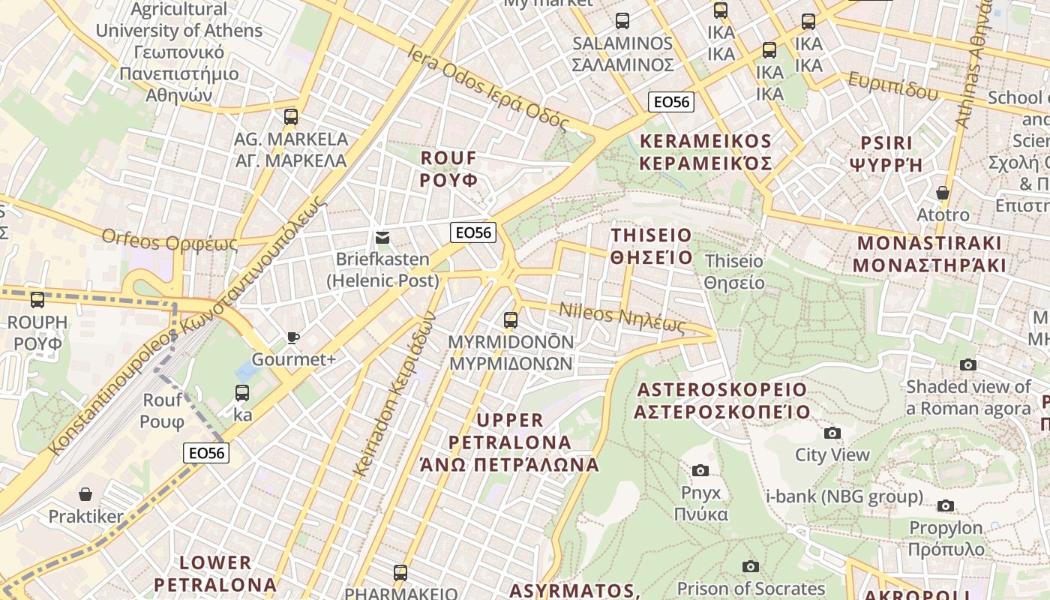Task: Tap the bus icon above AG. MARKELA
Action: tap(291, 117)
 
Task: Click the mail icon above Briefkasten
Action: tap(382, 238)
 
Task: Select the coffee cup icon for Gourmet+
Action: tap(293, 338)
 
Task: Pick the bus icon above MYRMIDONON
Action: tap(511, 320)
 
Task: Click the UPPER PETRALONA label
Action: tap(510, 442)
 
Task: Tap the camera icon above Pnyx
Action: tap(700, 470)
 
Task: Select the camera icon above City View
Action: tap(832, 433)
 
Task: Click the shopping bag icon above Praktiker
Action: tap(85, 494)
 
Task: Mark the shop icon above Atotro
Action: tap(943, 193)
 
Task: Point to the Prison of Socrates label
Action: tap(751, 589)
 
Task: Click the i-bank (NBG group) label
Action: tap(844, 496)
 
